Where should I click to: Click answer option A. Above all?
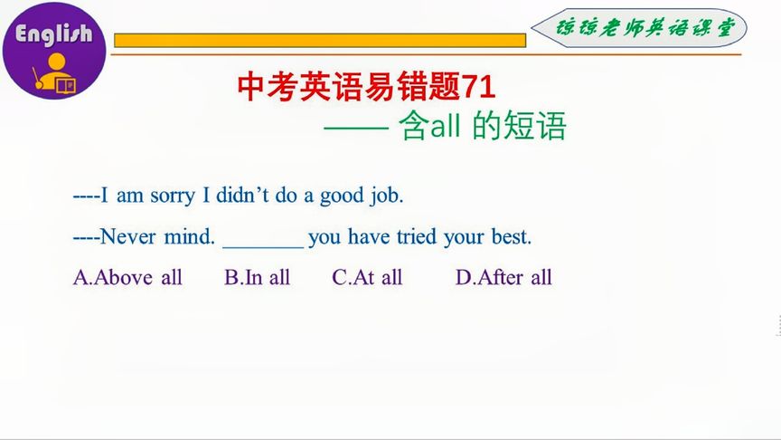[127, 277]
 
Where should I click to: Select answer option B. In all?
[257, 277]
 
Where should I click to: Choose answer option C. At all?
[367, 277]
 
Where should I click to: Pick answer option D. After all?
[503, 277]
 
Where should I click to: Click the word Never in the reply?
[128, 236]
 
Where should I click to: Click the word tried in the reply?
[417, 236]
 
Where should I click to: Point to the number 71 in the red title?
[479, 87]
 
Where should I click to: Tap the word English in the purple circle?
[54, 33]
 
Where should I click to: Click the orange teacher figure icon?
[55, 72]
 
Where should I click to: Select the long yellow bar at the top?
[320, 41]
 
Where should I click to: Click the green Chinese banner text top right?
[645, 28]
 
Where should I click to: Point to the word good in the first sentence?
[342, 196]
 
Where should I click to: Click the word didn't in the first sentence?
[242, 195]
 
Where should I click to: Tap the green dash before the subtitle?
[356, 129]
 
